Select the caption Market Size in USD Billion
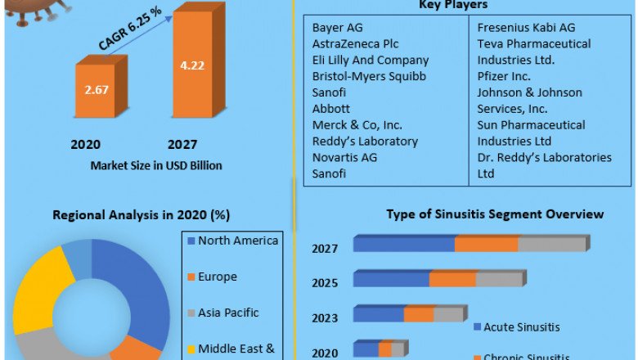[156, 165]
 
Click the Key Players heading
[463, 5]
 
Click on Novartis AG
[344, 157]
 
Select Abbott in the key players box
[331, 108]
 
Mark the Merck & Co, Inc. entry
[357, 124]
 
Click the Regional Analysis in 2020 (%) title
[142, 215]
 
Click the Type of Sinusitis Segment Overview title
[495, 214]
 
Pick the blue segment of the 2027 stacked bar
[403, 244]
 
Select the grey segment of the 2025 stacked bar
[499, 279]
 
